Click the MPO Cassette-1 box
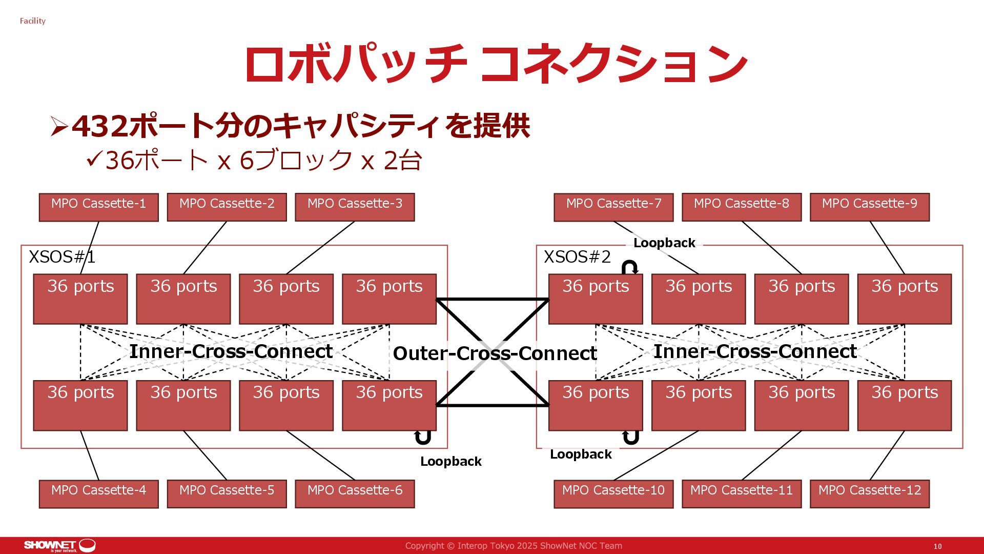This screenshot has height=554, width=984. pyautogui.click(x=98, y=207)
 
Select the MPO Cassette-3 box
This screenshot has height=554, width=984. pyautogui.click(x=355, y=207)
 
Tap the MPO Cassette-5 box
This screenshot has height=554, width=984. pyautogui.click(x=227, y=493)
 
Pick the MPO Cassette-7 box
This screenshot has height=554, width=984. pyautogui.click(x=613, y=207)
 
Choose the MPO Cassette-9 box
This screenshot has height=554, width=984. pyautogui.click(x=869, y=207)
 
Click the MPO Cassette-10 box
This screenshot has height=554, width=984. pyautogui.click(x=613, y=493)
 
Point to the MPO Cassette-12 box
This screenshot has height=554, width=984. pyautogui.click(x=869, y=493)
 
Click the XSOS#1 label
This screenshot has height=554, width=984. pyautogui.click(x=62, y=257)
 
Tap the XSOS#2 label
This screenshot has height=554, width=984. pyautogui.click(x=577, y=257)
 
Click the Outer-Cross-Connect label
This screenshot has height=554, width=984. pyautogui.click(x=495, y=353)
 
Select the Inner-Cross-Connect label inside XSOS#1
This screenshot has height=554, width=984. pyautogui.click(x=231, y=351)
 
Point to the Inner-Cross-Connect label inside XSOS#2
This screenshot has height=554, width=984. pyautogui.click(x=755, y=351)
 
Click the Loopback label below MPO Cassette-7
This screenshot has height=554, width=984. pyautogui.click(x=664, y=243)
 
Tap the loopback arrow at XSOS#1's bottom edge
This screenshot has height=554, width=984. pyautogui.click(x=422, y=437)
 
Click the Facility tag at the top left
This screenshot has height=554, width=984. pyautogui.click(x=33, y=21)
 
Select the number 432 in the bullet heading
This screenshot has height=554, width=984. pyautogui.click(x=100, y=126)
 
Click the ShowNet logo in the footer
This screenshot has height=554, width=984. pyautogui.click(x=59, y=545)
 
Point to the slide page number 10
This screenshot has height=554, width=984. pyautogui.click(x=937, y=546)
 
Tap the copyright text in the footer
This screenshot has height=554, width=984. pyautogui.click(x=514, y=546)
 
